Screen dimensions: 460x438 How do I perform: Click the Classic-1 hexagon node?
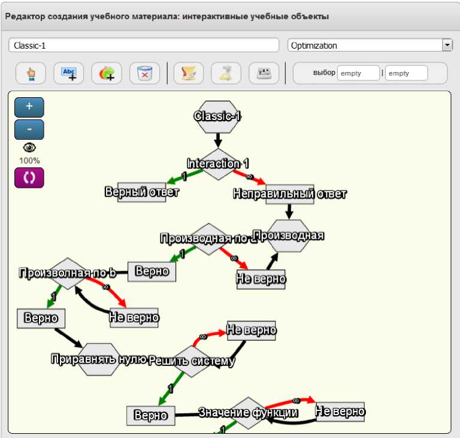pyautogui.click(x=217, y=116)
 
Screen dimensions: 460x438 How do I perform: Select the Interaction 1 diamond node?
pyautogui.click(x=217, y=164)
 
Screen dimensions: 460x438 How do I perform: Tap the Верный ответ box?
pyautogui.click(x=142, y=193)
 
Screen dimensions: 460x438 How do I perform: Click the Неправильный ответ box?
pyautogui.click(x=289, y=194)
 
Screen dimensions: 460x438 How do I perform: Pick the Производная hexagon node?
pyautogui.click(x=289, y=236)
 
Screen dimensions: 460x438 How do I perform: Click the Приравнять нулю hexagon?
pyautogui.click(x=99, y=359)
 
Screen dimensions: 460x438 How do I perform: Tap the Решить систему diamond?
pyautogui.click(x=191, y=361)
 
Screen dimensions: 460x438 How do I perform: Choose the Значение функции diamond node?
pyautogui.click(x=248, y=413)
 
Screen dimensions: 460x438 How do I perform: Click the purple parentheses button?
pyautogui.click(x=29, y=178)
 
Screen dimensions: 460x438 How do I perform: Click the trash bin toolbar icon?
pyautogui.click(x=145, y=73)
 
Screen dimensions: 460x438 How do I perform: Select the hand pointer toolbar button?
pyautogui.click(x=31, y=73)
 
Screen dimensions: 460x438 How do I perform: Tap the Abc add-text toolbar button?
pyautogui.click(x=69, y=73)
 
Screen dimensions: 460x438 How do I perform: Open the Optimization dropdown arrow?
pyautogui.click(x=447, y=45)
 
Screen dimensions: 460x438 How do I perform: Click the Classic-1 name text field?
pyautogui.click(x=144, y=46)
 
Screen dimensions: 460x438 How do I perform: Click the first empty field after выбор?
pyautogui.click(x=358, y=73)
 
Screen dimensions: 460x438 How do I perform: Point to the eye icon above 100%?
pyautogui.click(x=29, y=148)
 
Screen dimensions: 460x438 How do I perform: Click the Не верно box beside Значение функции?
pyautogui.click(x=340, y=412)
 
